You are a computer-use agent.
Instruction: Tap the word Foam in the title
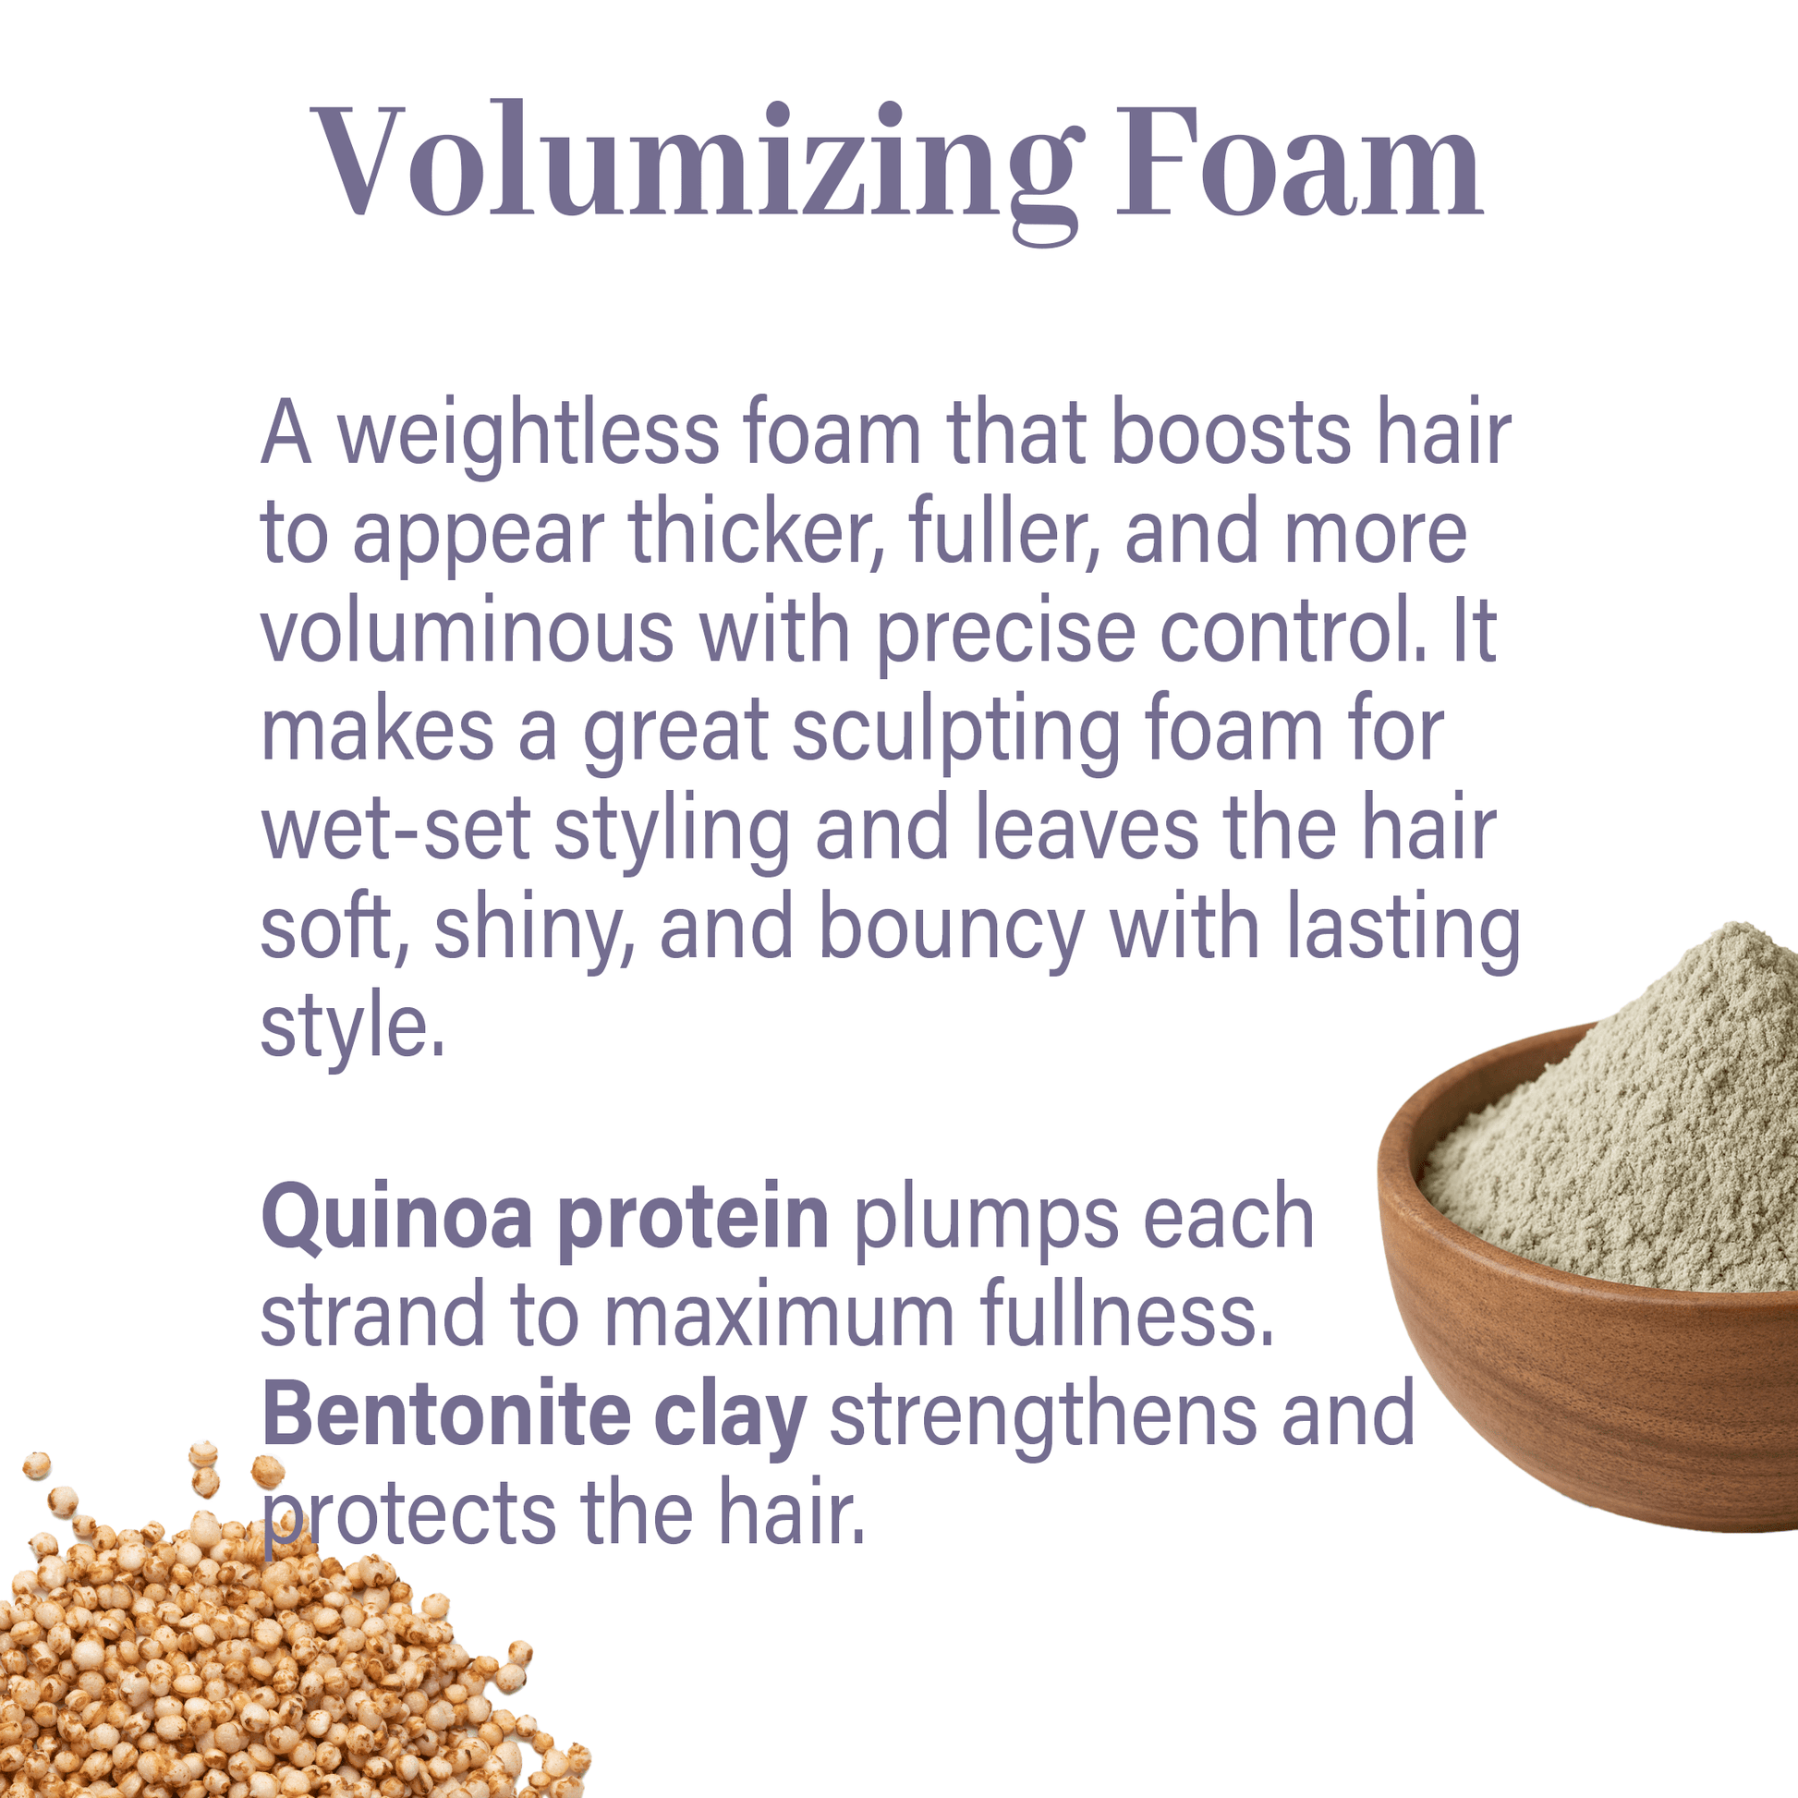pos(1299,159)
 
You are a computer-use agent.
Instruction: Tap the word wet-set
pos(395,829)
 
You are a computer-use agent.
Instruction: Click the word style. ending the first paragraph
pos(353,1028)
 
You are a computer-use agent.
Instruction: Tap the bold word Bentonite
pos(446,1415)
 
